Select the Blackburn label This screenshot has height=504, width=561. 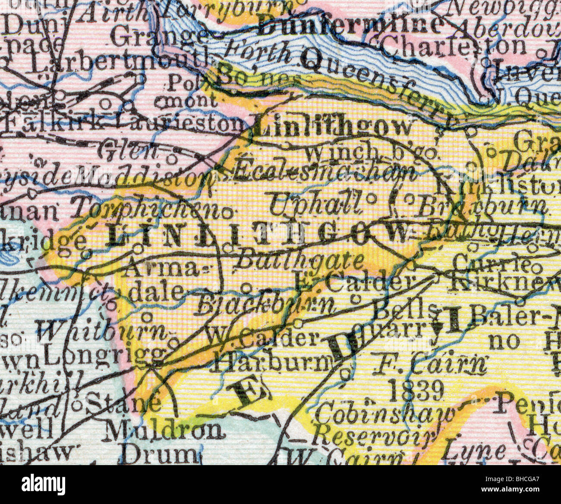tap(265, 306)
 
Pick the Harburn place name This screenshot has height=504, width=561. tap(272, 363)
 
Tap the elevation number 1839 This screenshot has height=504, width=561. tap(416, 391)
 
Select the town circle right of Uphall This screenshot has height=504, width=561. tap(371, 198)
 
